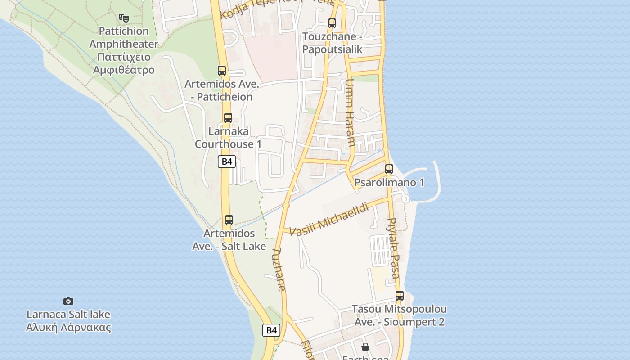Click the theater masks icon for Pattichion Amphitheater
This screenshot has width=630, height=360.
[124, 18]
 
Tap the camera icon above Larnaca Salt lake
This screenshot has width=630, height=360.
[68, 301]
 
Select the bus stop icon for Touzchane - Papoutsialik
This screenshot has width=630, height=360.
[332, 23]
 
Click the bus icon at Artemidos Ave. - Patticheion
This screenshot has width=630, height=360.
[222, 71]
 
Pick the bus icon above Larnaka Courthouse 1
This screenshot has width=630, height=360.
[228, 118]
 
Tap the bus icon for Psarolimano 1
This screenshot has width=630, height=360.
[389, 169]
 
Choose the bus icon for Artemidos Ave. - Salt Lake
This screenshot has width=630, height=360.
[229, 220]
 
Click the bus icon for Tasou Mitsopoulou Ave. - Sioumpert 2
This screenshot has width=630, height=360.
[400, 296]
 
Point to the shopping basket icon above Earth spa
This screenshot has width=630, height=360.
[365, 347]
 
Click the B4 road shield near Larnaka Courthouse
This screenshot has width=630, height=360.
[227, 162]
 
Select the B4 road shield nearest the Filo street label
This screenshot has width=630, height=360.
[271, 330]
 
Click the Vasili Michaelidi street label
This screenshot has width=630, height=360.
[329, 220]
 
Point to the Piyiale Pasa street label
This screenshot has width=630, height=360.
[394, 249]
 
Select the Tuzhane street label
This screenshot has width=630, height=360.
[279, 270]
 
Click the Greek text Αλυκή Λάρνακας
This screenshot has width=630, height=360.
[68, 327]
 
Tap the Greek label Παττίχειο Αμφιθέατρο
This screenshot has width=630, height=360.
[124, 63]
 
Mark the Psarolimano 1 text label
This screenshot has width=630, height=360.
[389, 183]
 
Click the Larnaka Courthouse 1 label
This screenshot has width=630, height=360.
[228, 138]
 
